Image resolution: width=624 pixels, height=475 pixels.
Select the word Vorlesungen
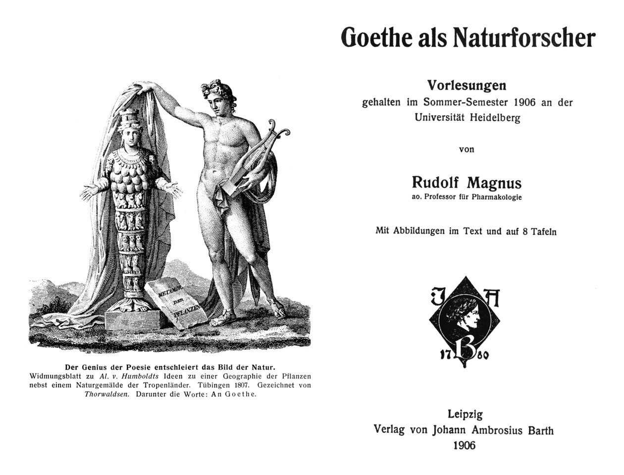click(x=467, y=86)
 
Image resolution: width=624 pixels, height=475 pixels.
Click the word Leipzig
click(x=465, y=414)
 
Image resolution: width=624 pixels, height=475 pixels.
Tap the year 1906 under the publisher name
click(x=465, y=445)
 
